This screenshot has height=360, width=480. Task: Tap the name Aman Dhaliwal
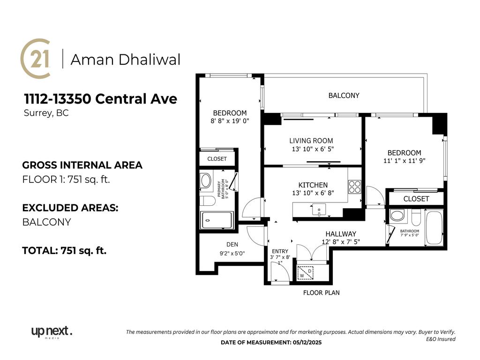(x=125, y=60)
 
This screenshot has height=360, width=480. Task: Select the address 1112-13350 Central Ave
(x=100, y=99)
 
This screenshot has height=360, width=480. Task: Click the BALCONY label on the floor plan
(x=344, y=96)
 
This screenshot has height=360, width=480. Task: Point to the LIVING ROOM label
(x=311, y=141)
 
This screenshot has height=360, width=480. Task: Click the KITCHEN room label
(x=313, y=185)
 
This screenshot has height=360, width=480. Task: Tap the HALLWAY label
(x=341, y=234)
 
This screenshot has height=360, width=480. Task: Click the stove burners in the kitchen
(x=354, y=187)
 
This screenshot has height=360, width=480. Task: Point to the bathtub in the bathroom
(x=434, y=228)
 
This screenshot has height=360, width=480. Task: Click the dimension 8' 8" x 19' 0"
(x=230, y=121)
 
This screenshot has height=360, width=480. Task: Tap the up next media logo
(x=52, y=332)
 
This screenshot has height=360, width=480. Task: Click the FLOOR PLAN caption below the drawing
(x=321, y=292)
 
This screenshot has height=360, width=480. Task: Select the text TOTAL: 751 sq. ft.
(x=64, y=251)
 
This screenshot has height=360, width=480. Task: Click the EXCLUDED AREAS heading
(x=70, y=208)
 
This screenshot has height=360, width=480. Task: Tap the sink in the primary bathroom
(x=205, y=180)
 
